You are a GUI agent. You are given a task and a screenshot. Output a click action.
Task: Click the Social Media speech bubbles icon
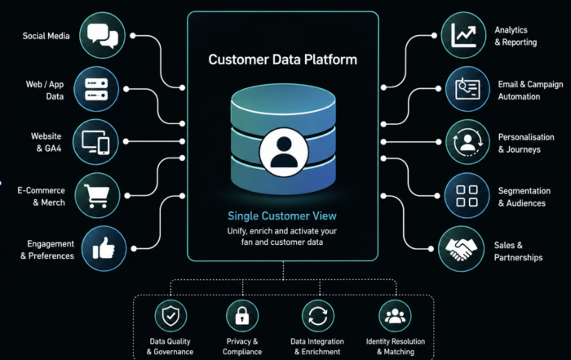[102, 35]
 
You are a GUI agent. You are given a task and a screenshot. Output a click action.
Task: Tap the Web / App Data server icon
[96, 89]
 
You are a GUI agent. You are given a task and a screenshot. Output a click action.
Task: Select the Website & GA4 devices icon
[95, 142]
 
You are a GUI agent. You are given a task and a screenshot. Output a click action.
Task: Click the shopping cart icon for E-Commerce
[97, 195]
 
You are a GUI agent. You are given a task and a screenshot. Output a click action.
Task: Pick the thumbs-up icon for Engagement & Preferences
[104, 248]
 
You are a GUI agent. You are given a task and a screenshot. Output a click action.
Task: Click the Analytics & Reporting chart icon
[463, 35]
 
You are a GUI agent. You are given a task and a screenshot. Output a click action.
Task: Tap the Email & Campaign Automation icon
[467, 89]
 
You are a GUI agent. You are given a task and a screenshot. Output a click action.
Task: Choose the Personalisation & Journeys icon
[468, 142]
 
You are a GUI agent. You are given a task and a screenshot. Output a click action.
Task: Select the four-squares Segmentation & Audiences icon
[467, 195]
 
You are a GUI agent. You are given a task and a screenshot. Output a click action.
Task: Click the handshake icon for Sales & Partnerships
[461, 249]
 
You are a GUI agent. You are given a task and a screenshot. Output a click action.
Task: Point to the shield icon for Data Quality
[170, 316]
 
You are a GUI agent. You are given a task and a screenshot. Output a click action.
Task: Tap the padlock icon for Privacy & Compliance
[242, 316]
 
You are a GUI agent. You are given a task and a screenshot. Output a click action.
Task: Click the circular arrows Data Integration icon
[318, 316]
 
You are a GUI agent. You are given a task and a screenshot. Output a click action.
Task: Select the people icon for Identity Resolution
[395, 316]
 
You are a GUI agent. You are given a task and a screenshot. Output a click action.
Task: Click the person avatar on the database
[284, 153]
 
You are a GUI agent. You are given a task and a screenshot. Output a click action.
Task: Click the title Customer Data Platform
[282, 60]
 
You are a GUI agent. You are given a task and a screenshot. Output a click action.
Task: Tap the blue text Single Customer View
[282, 216]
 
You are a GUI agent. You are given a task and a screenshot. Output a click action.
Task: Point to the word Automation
[519, 96]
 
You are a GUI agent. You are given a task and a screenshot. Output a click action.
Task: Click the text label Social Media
[46, 36]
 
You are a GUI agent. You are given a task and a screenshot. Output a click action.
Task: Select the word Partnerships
[518, 258]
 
